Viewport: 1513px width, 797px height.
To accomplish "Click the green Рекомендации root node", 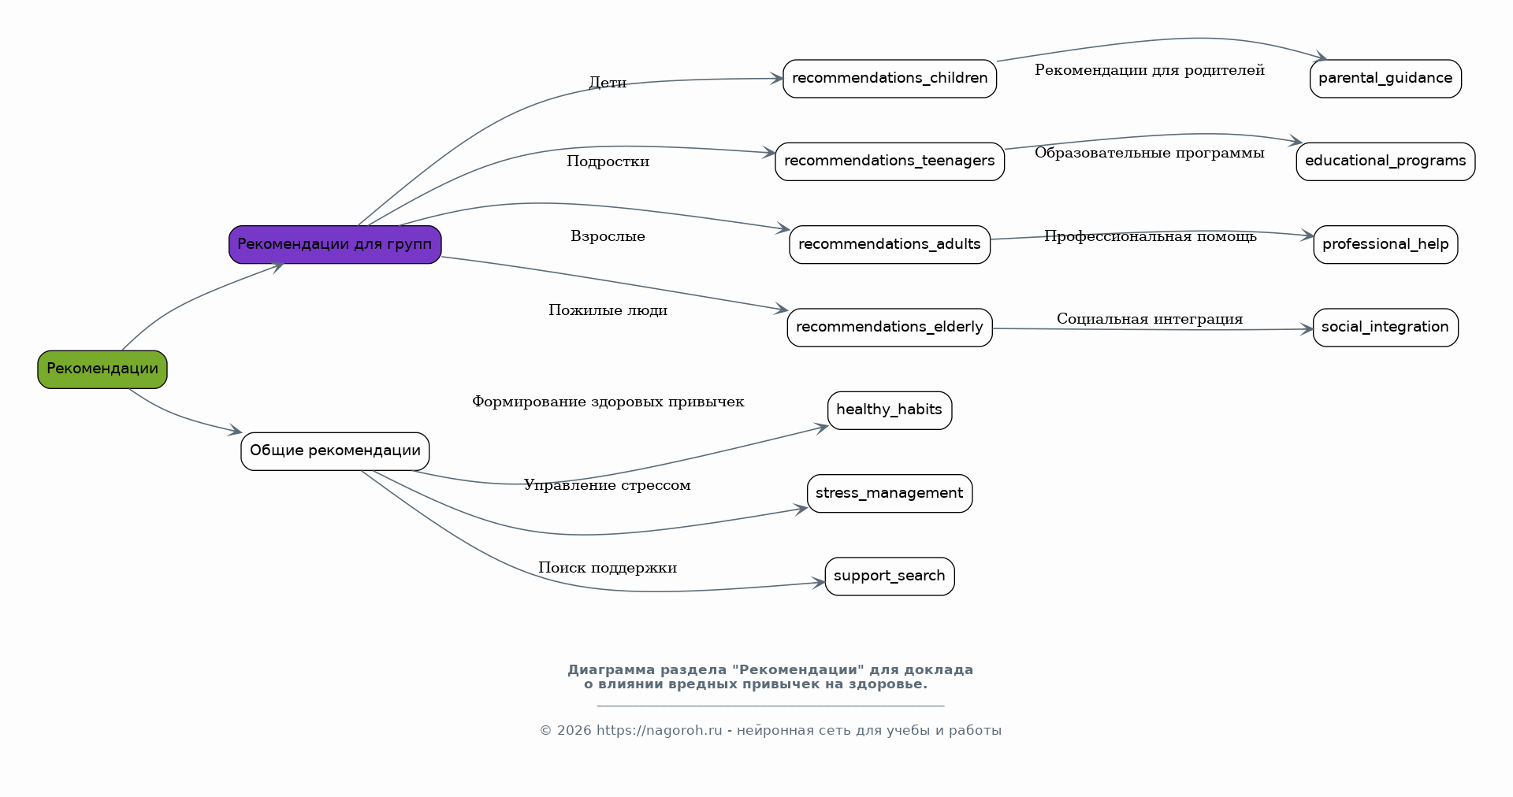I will coord(102,369).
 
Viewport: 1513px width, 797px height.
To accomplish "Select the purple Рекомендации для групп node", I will coord(335,244).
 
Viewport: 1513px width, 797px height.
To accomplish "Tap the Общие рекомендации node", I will coord(335,451).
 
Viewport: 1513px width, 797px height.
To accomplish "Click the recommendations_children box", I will coord(889,79).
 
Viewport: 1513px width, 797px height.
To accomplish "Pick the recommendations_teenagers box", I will coord(889,161).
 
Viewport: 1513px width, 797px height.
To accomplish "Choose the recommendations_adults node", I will coord(889,244).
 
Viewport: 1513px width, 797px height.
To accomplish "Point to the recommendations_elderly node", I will coord(889,327).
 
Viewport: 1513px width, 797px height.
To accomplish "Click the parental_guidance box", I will coord(1385,79).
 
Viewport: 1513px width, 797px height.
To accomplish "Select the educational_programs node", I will coord(1385,161).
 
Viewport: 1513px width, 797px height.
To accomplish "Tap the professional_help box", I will coord(1385,244).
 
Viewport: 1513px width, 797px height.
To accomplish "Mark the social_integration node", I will coord(1385,327).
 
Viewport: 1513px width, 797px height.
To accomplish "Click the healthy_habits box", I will coord(889,410).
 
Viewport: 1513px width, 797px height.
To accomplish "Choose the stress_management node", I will coord(889,493).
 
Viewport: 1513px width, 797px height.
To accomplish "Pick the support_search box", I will coord(889,576).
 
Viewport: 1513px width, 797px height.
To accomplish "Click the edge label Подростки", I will coord(608,161).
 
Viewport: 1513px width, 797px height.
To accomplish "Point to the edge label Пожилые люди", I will coord(608,310).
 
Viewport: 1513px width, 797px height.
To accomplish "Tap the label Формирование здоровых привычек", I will coord(608,402).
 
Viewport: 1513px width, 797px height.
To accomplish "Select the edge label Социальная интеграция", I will coord(1149,319).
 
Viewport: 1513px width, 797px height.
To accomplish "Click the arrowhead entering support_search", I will coord(820,583).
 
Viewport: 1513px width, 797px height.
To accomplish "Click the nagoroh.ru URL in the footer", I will coord(659,730).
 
